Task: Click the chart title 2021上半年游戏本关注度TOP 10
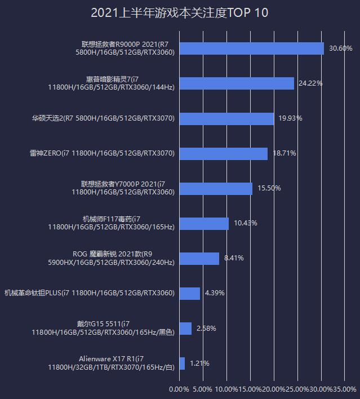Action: pos(179,13)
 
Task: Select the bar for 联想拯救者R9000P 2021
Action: pos(251,48)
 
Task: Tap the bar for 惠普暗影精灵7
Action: pos(237,83)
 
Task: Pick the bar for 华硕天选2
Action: pos(226,118)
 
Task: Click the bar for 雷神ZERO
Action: pos(223,153)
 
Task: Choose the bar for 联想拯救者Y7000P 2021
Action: pos(216,188)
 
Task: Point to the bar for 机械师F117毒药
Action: pos(204,223)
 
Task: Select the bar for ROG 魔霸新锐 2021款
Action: pos(199,258)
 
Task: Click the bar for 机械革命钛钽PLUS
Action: pos(190,294)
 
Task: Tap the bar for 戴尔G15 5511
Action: pos(185,329)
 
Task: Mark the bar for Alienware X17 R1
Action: pos(182,363)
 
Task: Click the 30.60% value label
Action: pos(341,48)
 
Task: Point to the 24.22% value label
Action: pos(310,83)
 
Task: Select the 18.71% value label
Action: pos(285,153)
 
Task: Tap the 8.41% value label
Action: pos(234,258)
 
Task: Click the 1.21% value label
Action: pos(199,363)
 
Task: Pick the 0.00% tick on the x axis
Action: pos(179,389)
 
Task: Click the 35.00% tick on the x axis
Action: pos(345,389)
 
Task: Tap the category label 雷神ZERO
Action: pos(102,153)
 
